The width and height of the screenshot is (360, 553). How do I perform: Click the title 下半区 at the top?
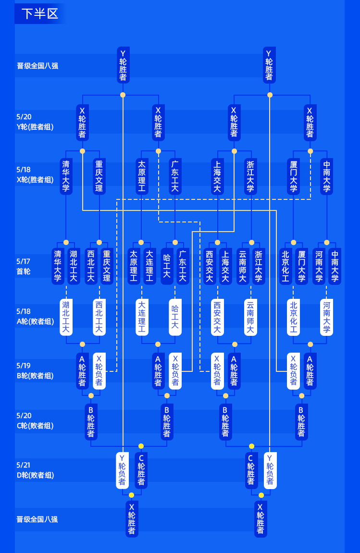tap(40, 13)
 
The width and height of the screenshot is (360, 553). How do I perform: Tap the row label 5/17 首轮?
tap(24, 266)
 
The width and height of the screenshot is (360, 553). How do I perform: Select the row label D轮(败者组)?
tap(35, 475)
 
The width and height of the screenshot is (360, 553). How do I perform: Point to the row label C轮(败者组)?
tap(35, 426)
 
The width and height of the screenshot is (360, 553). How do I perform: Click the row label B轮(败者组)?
tap(35, 376)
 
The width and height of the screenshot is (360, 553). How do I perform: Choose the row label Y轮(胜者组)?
tap(35, 127)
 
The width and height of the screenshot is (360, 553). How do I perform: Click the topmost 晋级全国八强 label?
tap(37, 66)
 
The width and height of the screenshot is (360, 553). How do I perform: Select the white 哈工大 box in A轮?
tap(175, 317)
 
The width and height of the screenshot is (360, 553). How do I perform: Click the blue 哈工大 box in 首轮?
tap(167, 266)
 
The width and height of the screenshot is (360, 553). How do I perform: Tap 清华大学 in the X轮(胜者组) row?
tap(66, 176)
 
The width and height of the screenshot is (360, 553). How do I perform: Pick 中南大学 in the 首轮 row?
tap(335, 266)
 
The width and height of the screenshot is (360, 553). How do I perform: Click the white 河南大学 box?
tap(326, 317)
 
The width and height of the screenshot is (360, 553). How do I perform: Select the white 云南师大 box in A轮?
tap(250, 317)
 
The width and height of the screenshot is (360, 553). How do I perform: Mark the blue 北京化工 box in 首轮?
tap(286, 266)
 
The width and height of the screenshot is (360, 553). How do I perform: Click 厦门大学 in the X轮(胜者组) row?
tap(293, 176)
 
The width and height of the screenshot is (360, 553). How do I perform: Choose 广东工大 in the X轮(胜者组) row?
tap(175, 176)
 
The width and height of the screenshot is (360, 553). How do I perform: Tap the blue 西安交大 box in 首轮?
tap(210, 266)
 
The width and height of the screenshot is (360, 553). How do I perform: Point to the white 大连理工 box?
tap(142, 317)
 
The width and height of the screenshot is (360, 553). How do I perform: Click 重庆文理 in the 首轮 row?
tap(107, 266)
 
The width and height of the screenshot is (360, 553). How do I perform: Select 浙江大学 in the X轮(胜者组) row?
tap(250, 176)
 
